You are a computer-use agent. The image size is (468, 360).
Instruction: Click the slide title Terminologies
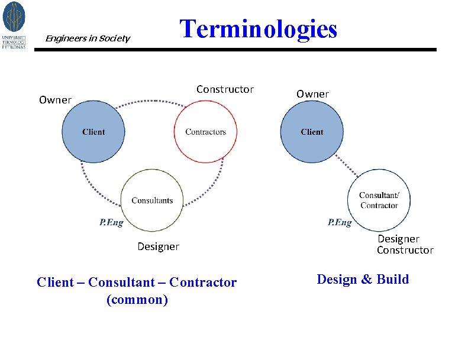(x=258, y=29)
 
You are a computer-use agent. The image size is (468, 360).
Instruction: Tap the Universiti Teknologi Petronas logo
(x=14, y=25)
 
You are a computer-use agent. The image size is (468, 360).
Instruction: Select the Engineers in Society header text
(x=88, y=38)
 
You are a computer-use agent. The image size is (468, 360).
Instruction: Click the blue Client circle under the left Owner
(x=93, y=132)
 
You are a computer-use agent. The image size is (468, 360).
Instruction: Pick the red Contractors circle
(x=205, y=132)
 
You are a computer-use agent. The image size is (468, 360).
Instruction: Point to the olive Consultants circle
(x=152, y=200)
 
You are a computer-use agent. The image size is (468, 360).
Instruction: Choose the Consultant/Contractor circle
(x=379, y=200)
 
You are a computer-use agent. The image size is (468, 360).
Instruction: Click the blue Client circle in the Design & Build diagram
(x=312, y=132)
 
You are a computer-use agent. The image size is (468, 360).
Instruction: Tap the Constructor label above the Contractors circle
(x=225, y=89)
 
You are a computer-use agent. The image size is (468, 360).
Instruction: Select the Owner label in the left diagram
(x=55, y=100)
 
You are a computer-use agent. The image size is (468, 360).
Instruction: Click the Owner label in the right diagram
(x=312, y=94)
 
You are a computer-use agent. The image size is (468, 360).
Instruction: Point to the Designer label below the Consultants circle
(x=158, y=247)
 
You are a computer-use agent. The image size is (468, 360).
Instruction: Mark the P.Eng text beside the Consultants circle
(x=111, y=222)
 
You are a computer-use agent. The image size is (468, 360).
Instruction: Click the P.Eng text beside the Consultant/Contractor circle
(x=340, y=222)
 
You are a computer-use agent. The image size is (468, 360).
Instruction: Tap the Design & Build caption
(x=363, y=280)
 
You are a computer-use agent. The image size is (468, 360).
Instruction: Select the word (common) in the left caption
(x=137, y=300)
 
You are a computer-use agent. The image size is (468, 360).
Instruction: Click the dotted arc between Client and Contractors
(x=149, y=102)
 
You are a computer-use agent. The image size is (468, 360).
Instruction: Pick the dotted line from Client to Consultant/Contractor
(x=346, y=165)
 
